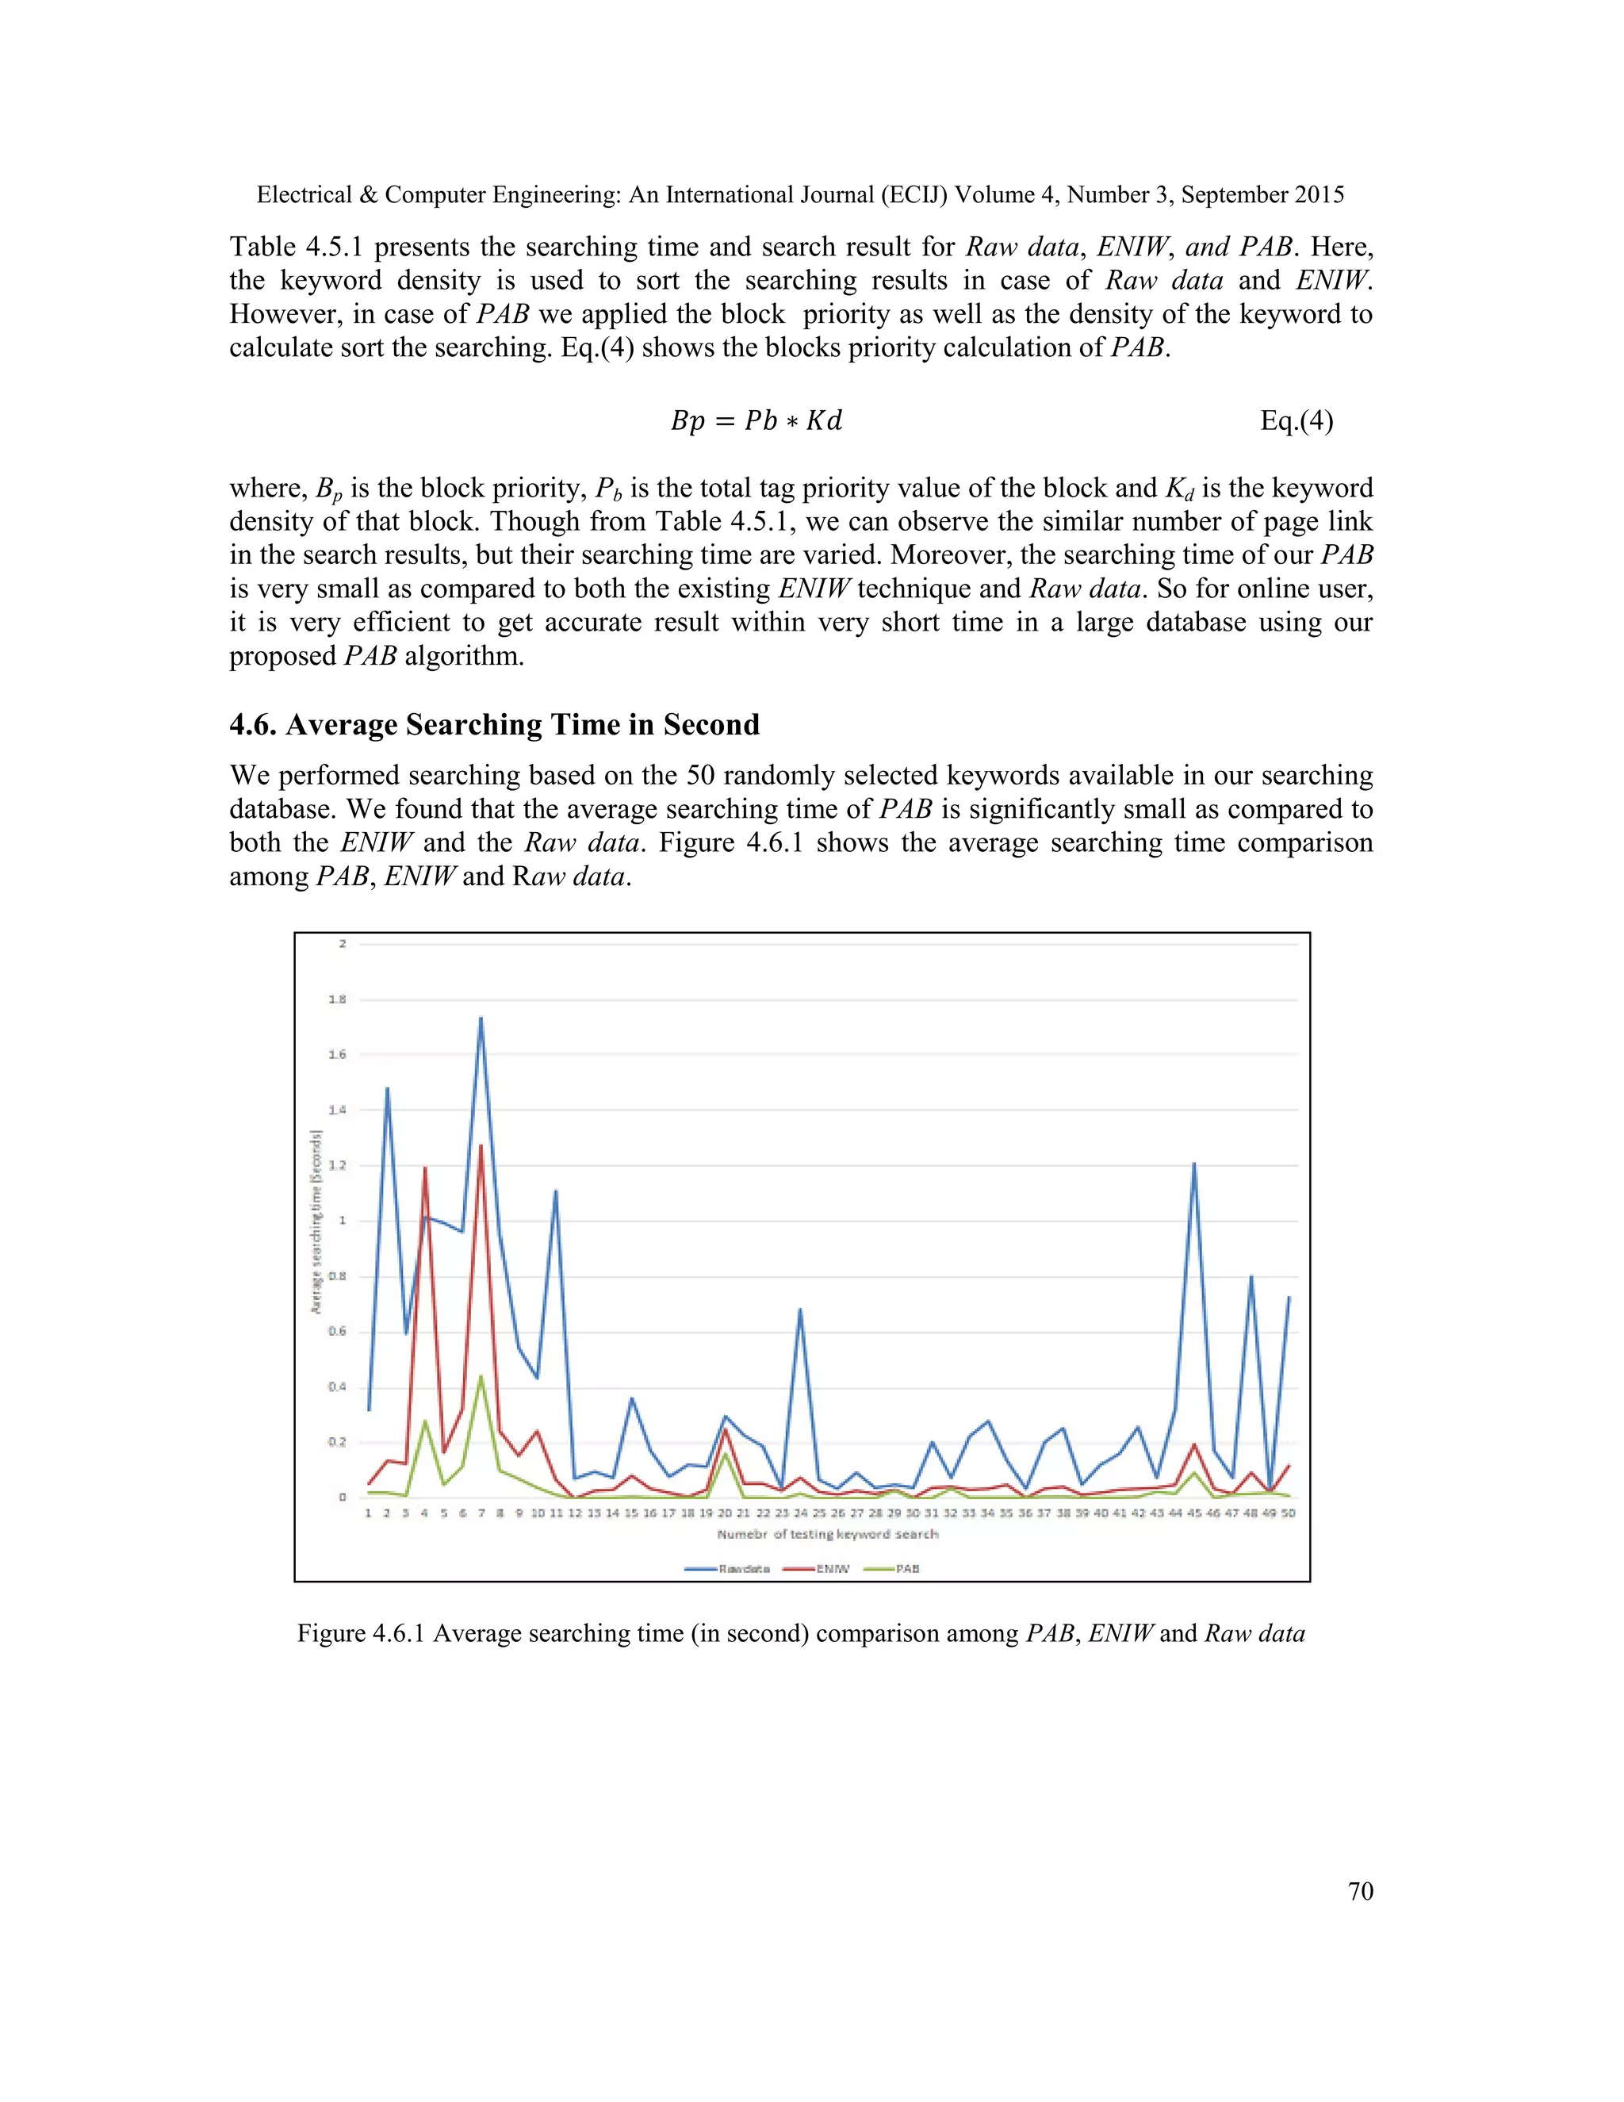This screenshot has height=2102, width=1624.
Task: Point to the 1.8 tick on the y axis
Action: (x=337, y=999)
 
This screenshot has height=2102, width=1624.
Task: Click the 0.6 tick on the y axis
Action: (x=337, y=1332)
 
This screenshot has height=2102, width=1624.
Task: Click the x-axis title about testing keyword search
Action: (x=827, y=1534)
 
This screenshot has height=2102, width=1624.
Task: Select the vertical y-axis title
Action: (x=316, y=1222)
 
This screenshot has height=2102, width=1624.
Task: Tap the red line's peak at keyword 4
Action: (x=424, y=1168)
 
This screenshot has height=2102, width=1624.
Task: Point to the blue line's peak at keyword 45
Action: (x=1194, y=1164)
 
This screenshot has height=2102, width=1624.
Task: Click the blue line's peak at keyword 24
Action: (x=799, y=1309)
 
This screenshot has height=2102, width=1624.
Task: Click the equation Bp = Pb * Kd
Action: (x=756, y=420)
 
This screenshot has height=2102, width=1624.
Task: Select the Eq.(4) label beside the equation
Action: (x=1296, y=420)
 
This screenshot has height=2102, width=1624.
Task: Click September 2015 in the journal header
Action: (x=1262, y=194)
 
